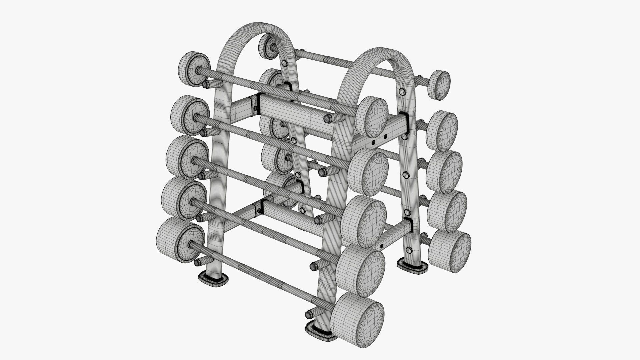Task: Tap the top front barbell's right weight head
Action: pyautogui.click(x=372, y=115)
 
